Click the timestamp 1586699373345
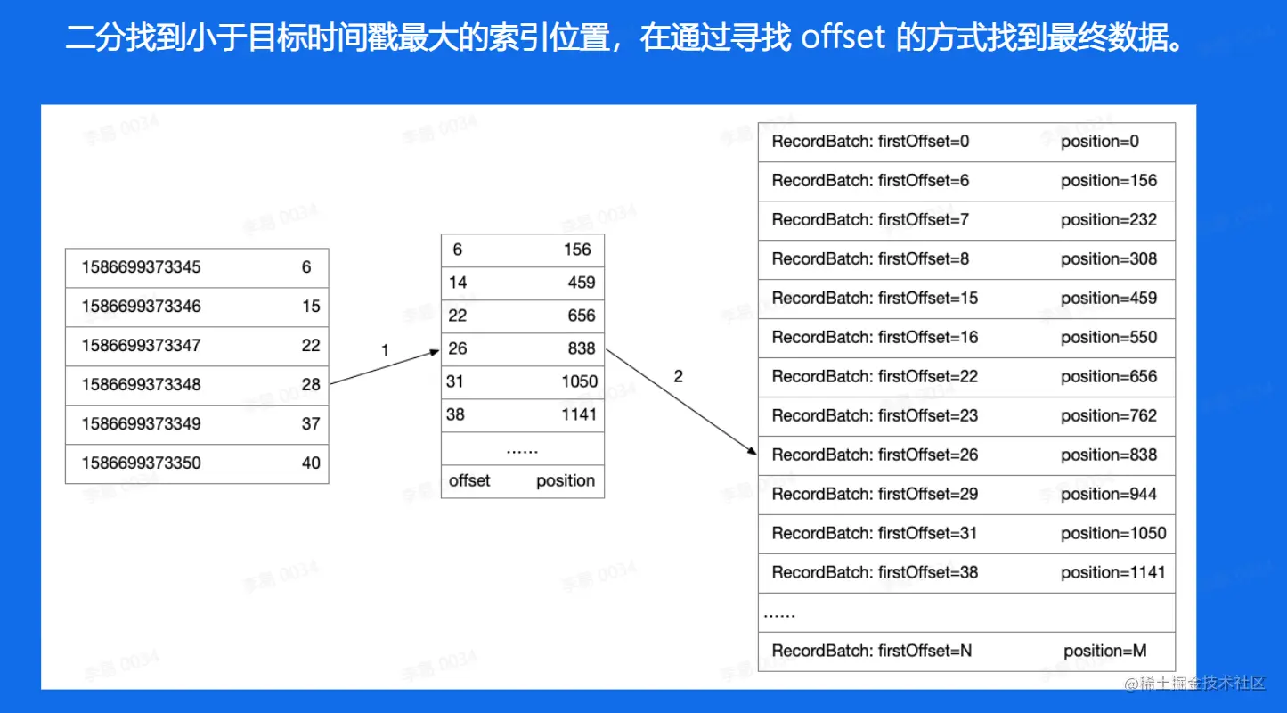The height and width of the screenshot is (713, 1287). [142, 267]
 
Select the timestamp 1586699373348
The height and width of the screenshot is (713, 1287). [142, 385]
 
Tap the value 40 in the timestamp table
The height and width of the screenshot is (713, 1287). [311, 463]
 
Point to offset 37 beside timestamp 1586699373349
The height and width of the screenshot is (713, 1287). [311, 424]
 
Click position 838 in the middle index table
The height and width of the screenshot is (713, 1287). [581, 349]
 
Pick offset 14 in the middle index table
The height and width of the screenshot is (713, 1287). [458, 283]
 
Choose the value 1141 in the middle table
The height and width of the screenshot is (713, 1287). [579, 414]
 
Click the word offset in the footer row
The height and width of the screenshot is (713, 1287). [469, 481]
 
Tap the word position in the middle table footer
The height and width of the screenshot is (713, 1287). [566, 481]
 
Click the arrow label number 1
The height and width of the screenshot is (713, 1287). [385, 351]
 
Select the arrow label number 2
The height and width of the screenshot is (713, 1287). [678, 377]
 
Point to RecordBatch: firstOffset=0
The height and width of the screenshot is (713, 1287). [870, 142]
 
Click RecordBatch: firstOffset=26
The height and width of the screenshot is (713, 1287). [875, 455]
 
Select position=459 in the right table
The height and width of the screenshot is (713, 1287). [1109, 299]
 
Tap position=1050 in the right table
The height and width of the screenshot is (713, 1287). [1113, 534]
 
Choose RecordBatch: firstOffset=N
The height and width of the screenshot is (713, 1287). [872, 652]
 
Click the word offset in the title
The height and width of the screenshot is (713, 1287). [843, 38]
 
